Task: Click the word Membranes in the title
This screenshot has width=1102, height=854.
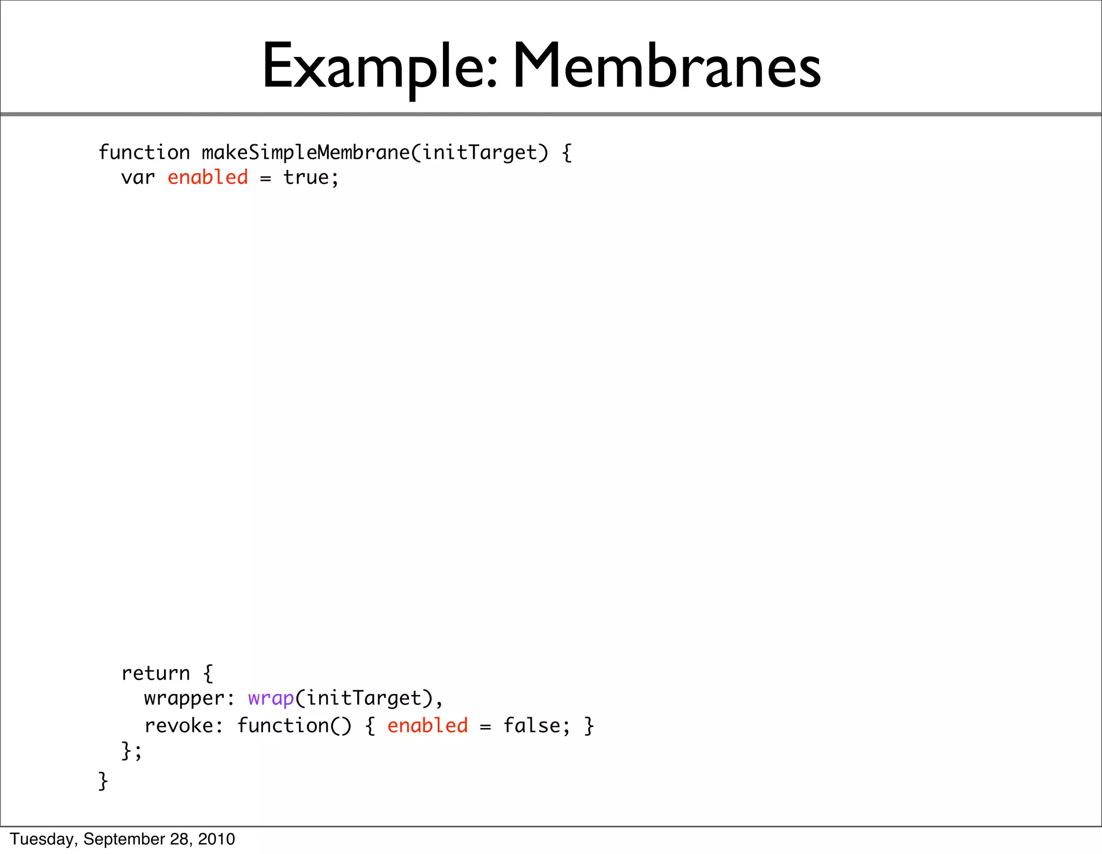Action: [x=667, y=67]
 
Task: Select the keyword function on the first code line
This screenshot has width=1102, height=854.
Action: [x=144, y=153]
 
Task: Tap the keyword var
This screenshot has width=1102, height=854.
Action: [x=138, y=178]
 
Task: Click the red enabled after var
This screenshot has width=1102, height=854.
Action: [x=208, y=178]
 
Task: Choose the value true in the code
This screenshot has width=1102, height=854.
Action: [x=306, y=178]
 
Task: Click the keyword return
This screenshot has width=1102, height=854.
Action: [x=156, y=673]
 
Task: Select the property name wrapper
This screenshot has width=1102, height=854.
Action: [x=184, y=698]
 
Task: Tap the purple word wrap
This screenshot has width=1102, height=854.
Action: [x=271, y=698]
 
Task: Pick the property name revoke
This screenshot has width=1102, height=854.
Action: [x=179, y=726]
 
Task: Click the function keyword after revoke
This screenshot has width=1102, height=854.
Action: [x=283, y=726]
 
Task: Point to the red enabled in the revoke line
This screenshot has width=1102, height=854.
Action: [x=428, y=726]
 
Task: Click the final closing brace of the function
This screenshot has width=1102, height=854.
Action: [x=103, y=780]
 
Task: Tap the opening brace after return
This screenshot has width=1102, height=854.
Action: [x=208, y=673]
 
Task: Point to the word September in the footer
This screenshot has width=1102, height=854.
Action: [x=124, y=839]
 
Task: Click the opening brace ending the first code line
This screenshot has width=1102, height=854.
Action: [x=567, y=153]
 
